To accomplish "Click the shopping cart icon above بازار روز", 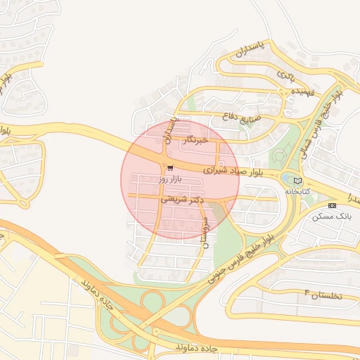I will (x=170, y=167).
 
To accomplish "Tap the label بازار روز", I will (x=170, y=180).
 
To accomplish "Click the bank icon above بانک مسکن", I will (x=333, y=205).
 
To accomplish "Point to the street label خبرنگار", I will (x=195, y=141).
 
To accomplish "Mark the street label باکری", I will (x=286, y=74).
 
